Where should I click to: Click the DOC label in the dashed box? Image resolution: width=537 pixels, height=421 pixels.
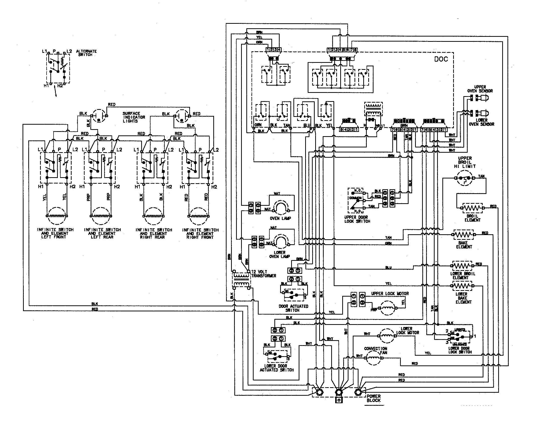(x=441, y=59)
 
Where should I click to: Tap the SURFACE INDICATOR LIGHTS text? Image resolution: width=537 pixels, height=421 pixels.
(x=134, y=117)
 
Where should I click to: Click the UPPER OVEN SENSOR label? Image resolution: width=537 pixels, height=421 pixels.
(x=480, y=89)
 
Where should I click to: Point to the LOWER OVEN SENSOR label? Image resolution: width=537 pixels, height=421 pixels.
(x=481, y=122)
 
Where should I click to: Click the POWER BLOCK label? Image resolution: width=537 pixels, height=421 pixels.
(x=374, y=398)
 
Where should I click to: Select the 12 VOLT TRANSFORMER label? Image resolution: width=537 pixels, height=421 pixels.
(x=263, y=274)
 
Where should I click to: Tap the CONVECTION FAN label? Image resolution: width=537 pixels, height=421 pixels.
(x=376, y=350)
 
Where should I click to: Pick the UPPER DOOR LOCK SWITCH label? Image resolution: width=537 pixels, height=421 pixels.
(x=357, y=219)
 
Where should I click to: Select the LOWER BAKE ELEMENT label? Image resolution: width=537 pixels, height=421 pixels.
(x=463, y=298)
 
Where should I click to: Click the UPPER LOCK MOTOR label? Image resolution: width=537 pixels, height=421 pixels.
(x=390, y=293)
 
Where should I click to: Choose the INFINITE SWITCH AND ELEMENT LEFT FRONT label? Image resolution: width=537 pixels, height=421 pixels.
(x=55, y=233)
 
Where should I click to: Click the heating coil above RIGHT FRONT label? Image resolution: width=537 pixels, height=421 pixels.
(x=199, y=216)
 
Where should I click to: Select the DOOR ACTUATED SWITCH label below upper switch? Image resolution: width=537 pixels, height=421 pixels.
(x=293, y=308)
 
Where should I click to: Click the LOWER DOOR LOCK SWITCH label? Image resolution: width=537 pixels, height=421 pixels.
(x=460, y=350)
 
